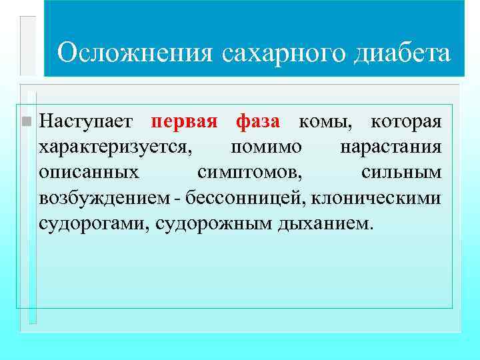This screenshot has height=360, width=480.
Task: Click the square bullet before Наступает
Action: (26, 122)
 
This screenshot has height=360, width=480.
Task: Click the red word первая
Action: (185, 122)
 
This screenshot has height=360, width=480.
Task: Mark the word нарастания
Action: (391, 147)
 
